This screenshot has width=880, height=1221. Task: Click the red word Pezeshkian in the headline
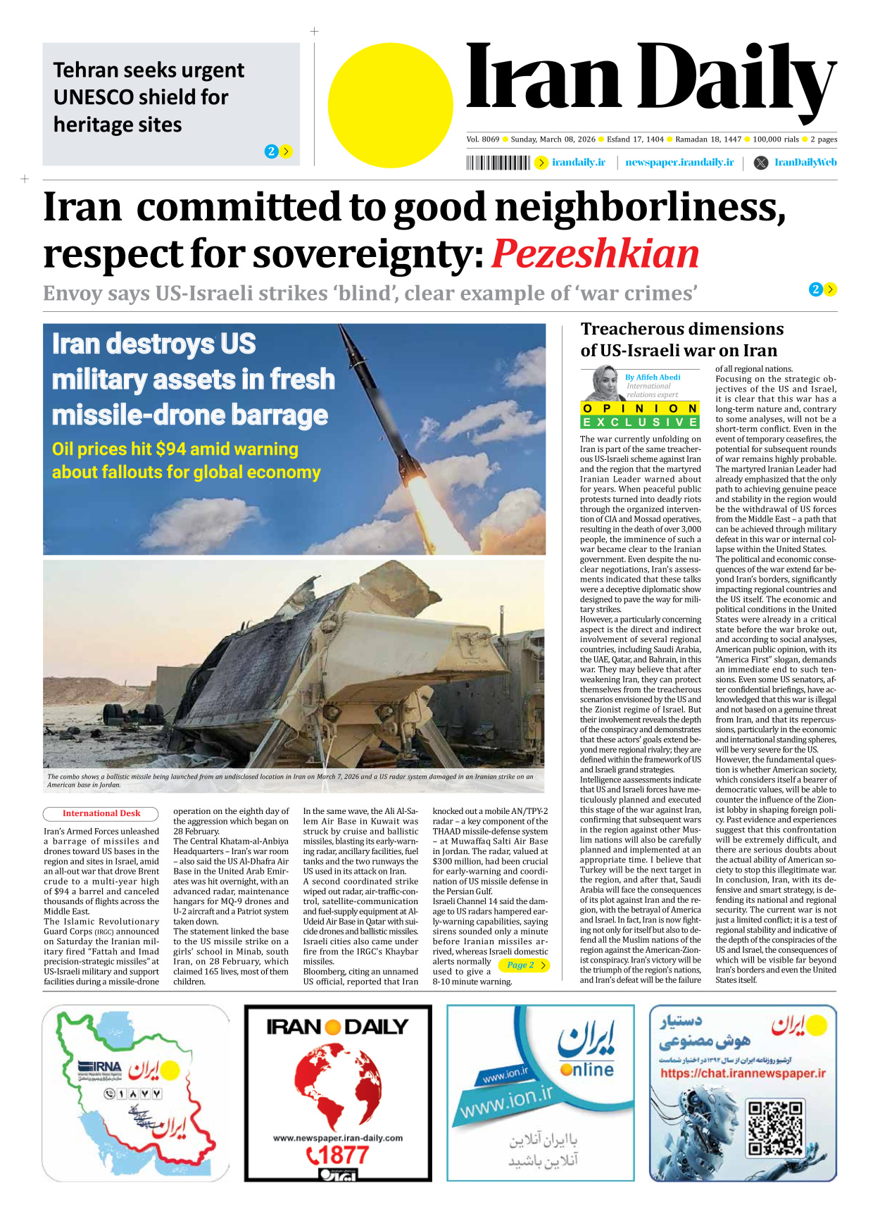point(595,254)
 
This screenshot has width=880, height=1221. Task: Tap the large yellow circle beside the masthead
point(390,105)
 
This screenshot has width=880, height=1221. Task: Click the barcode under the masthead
point(498,163)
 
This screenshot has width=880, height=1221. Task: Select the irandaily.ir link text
point(578,163)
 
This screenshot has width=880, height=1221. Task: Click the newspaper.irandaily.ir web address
point(679,163)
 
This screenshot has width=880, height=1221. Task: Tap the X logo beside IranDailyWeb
point(761,163)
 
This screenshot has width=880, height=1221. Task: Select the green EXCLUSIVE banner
point(640,422)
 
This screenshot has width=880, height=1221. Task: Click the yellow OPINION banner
point(640,408)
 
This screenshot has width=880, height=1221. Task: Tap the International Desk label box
point(101,813)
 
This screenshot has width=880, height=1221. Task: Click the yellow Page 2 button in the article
point(524,965)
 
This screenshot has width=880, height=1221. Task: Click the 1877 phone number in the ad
point(338,1156)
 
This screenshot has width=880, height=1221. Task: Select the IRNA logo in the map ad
point(99,1067)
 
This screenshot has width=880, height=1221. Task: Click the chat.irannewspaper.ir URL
point(743,1074)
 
